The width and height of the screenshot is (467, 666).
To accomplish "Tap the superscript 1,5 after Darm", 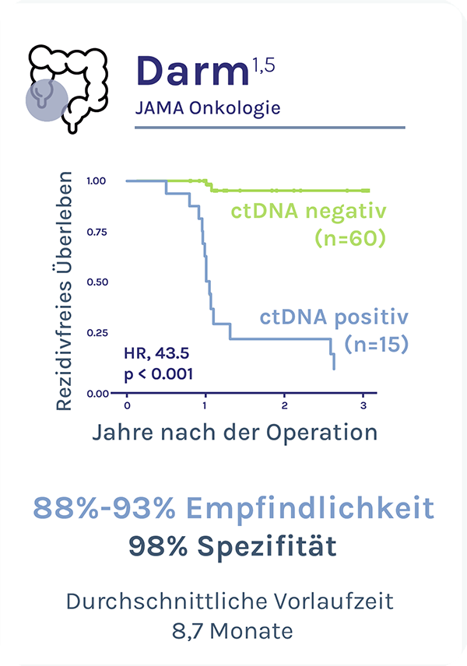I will coord(264,59).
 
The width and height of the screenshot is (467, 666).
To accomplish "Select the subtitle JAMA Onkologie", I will coord(207,107).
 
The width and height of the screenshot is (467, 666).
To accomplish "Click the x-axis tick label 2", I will coord(286,406).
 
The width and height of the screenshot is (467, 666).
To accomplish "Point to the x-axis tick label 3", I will coord(364,406).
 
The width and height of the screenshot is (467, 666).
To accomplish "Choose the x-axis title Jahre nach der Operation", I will coord(234,433).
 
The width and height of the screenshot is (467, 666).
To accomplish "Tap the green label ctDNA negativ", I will coord(308,212).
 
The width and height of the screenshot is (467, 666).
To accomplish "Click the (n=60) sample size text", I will coord(350,239).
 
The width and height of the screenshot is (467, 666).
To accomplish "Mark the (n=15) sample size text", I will coord(376,343).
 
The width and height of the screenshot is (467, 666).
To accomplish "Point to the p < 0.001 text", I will coord(158,373).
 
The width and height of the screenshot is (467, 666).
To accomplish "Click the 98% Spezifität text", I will coord(233,545).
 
